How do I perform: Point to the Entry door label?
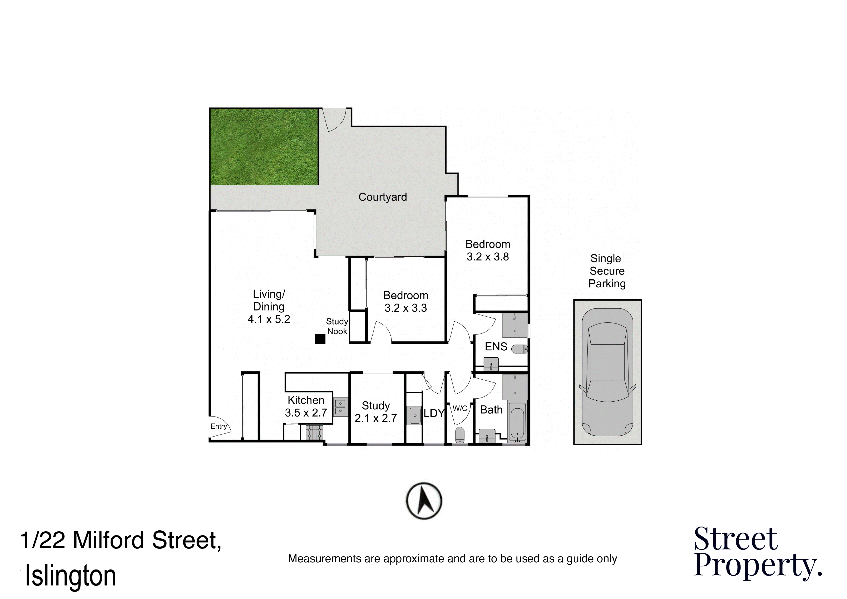[x=219, y=426]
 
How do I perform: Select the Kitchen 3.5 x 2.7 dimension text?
[x=306, y=413]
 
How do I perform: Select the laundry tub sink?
[x=415, y=416]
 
